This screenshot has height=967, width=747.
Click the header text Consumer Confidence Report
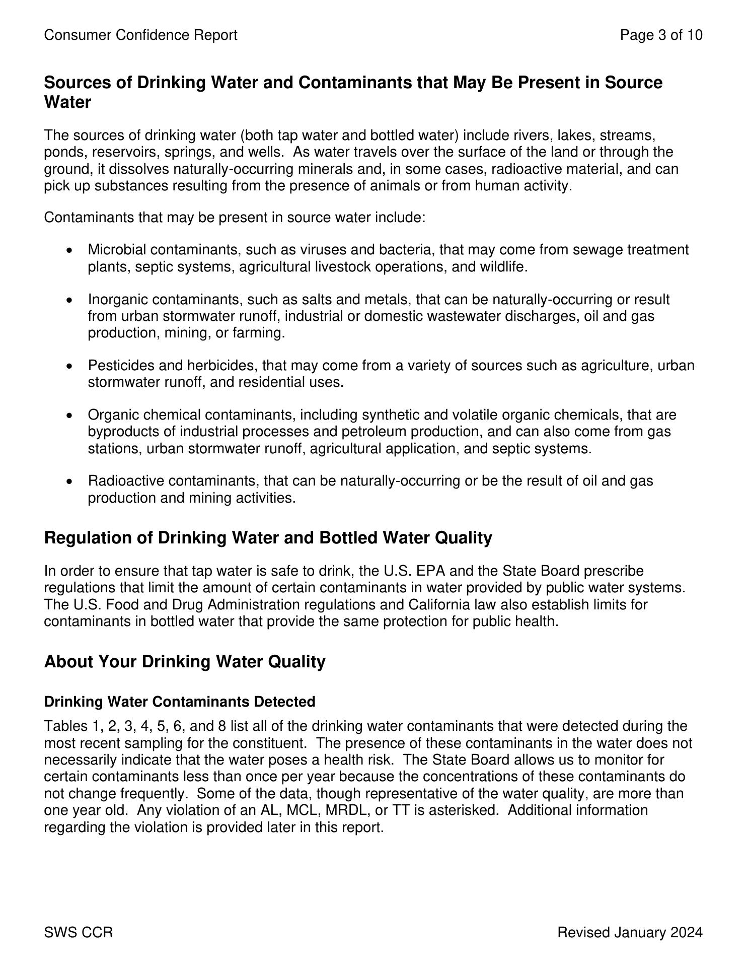click(x=140, y=35)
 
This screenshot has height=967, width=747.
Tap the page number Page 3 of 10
click(x=661, y=35)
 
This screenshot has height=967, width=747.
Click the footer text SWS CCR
click(x=79, y=933)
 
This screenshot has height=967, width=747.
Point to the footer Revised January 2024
click(x=629, y=933)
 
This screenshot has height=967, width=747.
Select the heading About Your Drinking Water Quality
click(x=185, y=661)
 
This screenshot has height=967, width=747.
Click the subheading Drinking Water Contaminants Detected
click(x=180, y=702)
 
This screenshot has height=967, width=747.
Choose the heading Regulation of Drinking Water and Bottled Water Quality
click(x=268, y=538)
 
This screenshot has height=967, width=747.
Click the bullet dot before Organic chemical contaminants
click(x=70, y=416)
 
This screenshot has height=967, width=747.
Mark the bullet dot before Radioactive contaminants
click(x=70, y=481)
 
